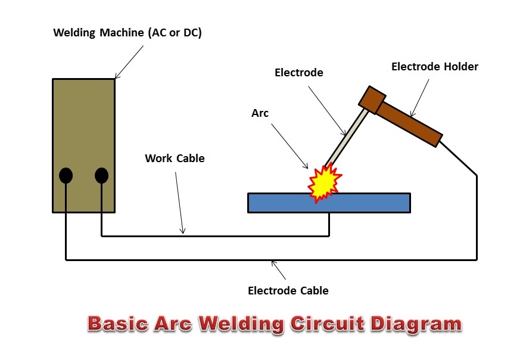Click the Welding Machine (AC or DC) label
pos(127,33)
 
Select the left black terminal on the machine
pos(66,176)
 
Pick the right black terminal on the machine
pos(101,176)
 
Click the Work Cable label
pos(175,159)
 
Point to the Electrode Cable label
pos(288,291)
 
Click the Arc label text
pos(260,113)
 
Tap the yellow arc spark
pos(323,182)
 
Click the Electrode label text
pos(298,73)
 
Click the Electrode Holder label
pos(434,67)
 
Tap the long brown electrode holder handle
pos(411,122)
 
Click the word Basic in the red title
pos(118,324)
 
